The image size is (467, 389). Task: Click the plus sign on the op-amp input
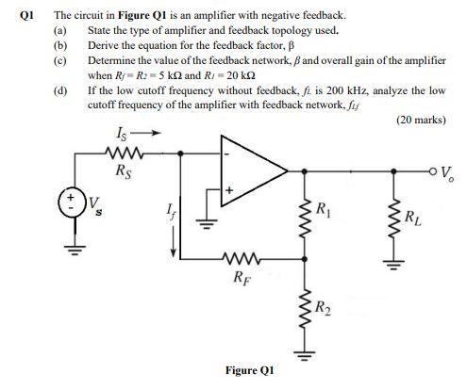coord(226,193)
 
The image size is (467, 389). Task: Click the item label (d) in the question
coord(61,91)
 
